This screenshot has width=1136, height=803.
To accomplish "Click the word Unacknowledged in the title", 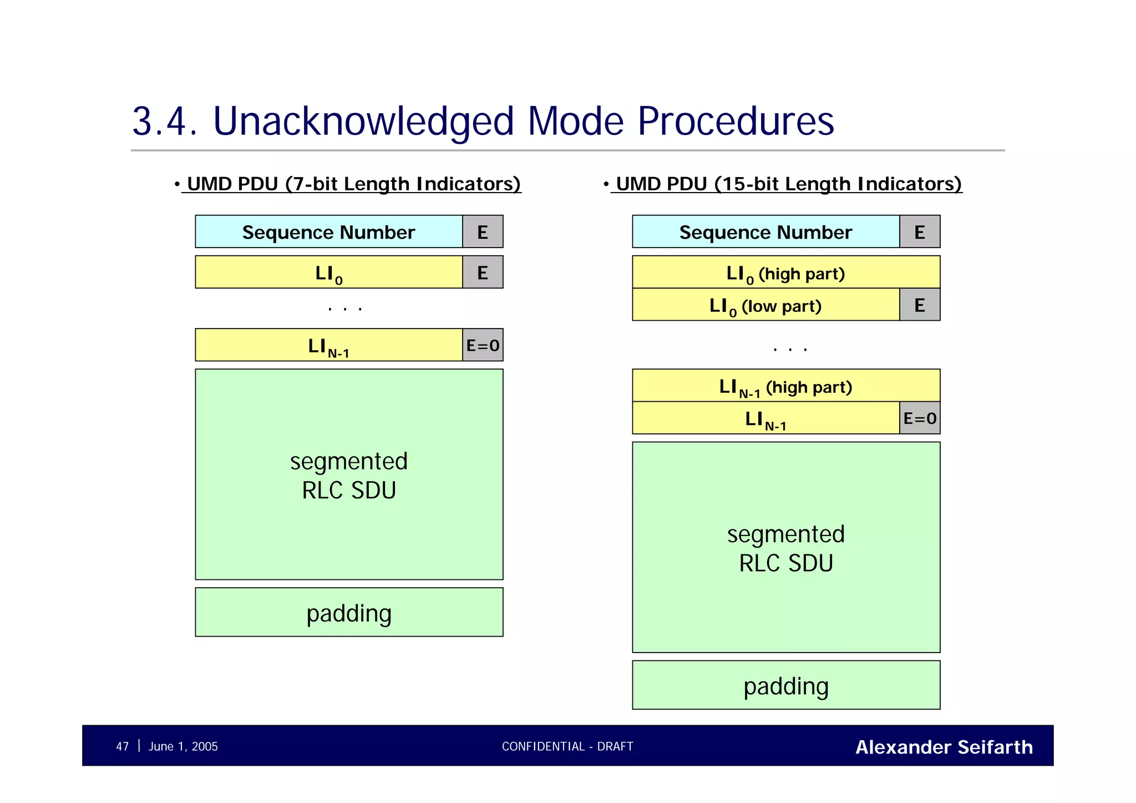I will coord(364,122).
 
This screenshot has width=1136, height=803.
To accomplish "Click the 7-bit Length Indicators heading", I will coord(353,184).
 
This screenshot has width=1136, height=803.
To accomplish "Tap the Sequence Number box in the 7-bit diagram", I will coord(329,232).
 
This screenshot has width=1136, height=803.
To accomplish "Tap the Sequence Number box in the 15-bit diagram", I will coord(765,232).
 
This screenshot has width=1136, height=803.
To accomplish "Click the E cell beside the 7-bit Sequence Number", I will coord(483,232).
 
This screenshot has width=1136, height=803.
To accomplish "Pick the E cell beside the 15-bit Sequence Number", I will coord(920,232).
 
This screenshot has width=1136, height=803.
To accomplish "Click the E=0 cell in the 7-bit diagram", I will coord(483,346).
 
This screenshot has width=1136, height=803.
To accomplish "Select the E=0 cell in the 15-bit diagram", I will coord(920,418).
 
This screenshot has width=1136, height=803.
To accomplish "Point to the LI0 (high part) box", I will coord(786,272).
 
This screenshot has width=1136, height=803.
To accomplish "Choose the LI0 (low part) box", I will coord(765,305).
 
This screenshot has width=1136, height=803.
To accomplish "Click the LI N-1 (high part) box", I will coord(786,386).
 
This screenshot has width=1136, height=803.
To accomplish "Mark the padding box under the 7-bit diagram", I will coord(349,613).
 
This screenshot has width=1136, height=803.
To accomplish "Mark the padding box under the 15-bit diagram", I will coord(786,685).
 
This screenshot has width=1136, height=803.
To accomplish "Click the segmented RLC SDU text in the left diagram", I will coord(349,476).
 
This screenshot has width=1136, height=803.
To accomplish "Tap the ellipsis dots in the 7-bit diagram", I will coord(345,309).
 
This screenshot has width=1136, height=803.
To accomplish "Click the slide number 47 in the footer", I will coord(122,746).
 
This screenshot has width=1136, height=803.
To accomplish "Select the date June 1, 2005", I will coord(183,746).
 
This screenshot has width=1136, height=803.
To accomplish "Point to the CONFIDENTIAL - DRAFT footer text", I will coord(567,746).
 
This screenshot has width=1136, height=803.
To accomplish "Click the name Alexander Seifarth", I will coord(944,747).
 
